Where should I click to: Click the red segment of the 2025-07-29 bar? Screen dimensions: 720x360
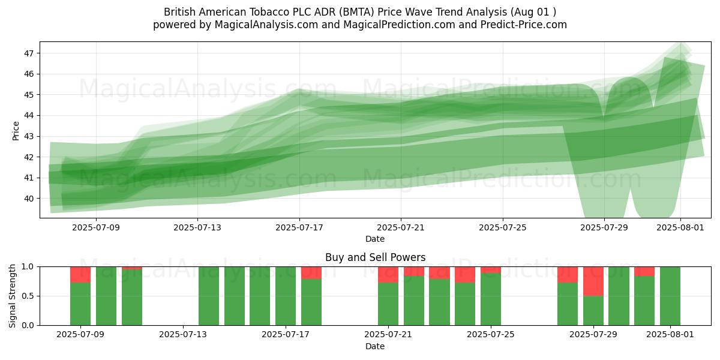click(x=593, y=281)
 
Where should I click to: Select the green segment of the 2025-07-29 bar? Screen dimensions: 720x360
click(x=593, y=311)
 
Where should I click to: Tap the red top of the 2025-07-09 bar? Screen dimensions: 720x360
click(x=80, y=275)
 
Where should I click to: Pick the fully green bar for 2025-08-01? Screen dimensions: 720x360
click(x=670, y=296)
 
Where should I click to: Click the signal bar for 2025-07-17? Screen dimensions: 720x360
click(x=286, y=296)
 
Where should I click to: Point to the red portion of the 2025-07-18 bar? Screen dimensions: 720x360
click(x=311, y=273)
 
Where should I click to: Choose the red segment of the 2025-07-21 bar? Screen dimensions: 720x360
click(x=388, y=275)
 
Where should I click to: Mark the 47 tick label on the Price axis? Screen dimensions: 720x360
click(x=29, y=53)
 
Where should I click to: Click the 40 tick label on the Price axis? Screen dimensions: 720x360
click(x=29, y=199)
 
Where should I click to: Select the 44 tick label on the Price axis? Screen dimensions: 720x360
click(x=29, y=116)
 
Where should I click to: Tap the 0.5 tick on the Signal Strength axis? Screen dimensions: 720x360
click(x=28, y=296)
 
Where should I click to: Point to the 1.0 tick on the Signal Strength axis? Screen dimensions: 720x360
click(x=28, y=267)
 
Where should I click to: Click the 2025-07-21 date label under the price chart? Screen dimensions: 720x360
click(x=401, y=227)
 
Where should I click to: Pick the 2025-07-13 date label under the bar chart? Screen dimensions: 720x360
click(x=183, y=335)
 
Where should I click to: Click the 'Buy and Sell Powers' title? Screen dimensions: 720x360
click(x=375, y=257)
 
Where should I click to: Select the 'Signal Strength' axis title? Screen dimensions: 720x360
click(x=12, y=296)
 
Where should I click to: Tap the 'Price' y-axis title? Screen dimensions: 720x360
click(x=16, y=131)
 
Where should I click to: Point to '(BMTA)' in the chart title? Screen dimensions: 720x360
click(x=356, y=12)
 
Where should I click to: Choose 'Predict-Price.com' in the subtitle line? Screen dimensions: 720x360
click(x=524, y=25)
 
